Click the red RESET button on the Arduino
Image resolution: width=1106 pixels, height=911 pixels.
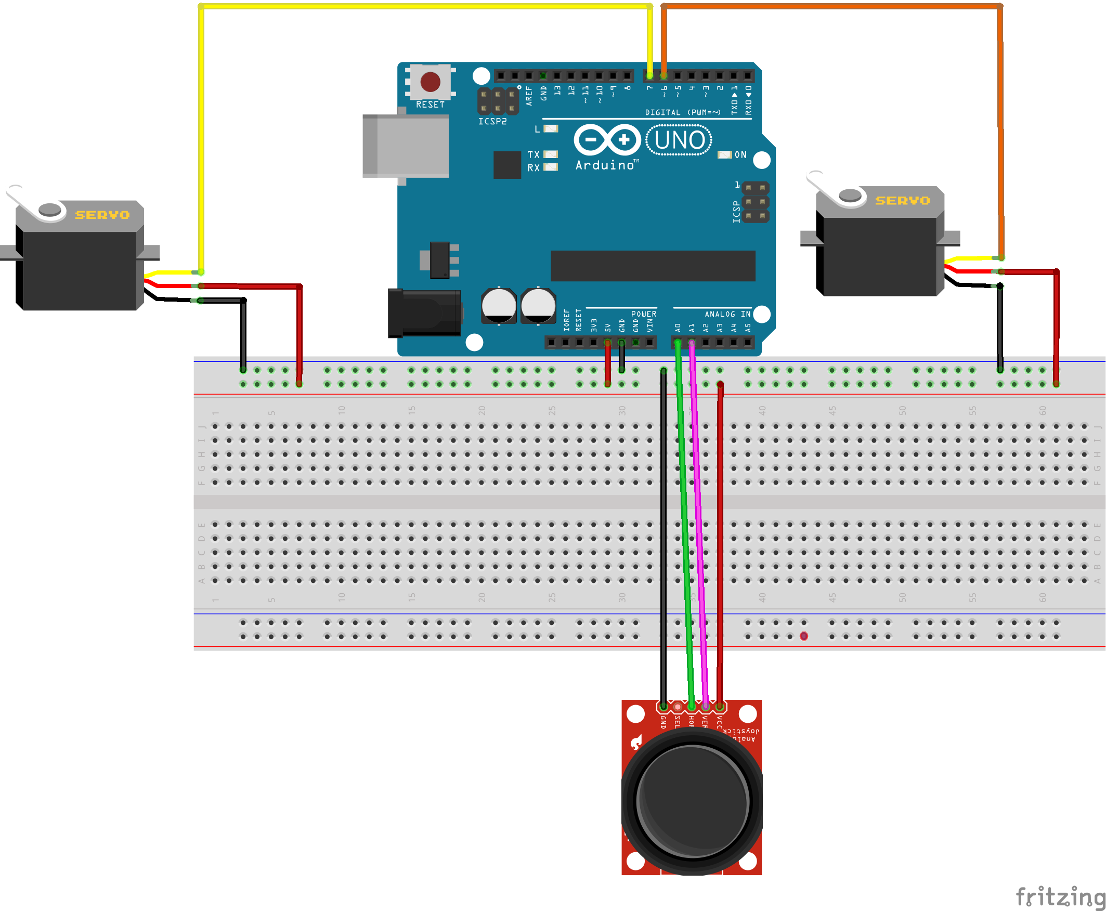point(430,82)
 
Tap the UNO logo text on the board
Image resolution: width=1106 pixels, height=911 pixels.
point(679,140)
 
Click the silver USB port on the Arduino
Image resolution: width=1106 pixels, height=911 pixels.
point(406,146)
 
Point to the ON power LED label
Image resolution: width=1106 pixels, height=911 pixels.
point(740,155)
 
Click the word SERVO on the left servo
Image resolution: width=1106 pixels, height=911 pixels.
point(102,215)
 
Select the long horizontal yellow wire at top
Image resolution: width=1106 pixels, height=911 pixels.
point(425,6)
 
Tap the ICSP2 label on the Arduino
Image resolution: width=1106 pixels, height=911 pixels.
point(492,122)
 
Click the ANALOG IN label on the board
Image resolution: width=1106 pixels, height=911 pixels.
point(727,315)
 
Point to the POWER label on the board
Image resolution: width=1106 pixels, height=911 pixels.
point(643,315)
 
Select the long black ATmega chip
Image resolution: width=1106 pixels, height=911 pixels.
point(653,266)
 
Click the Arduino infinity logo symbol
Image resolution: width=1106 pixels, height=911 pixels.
point(607,140)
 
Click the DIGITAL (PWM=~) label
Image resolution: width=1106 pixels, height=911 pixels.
point(683,113)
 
